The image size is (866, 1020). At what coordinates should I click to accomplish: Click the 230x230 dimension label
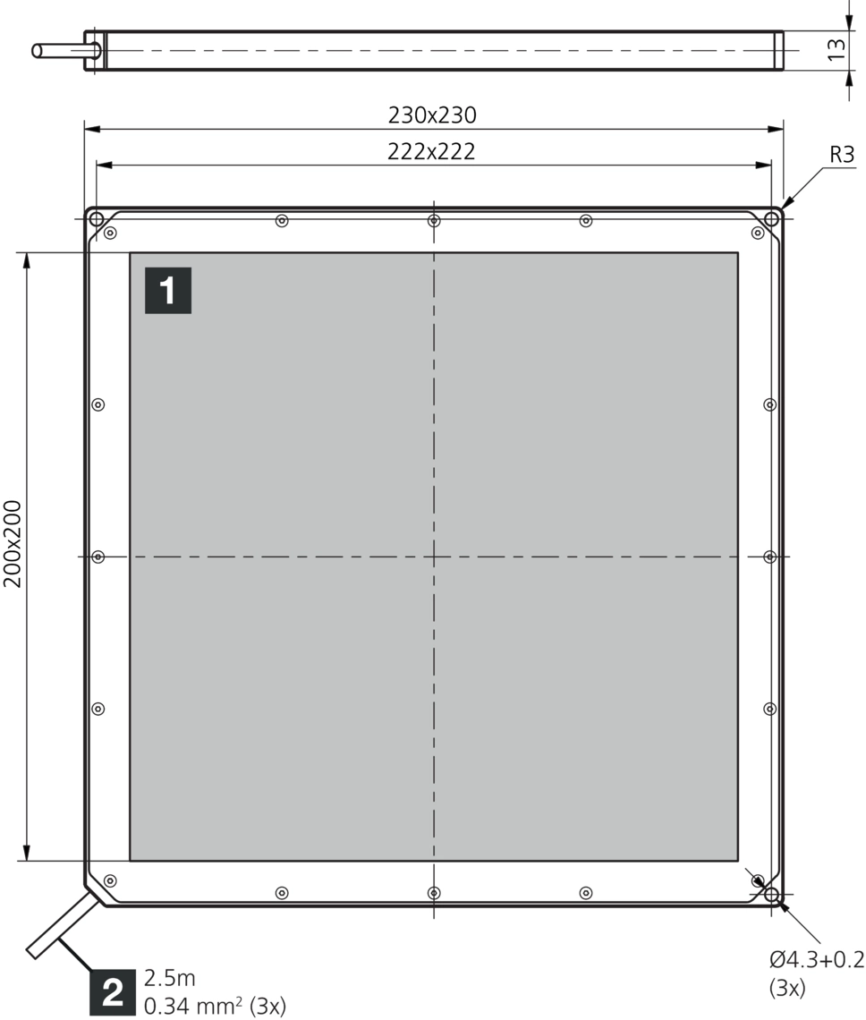click(432, 115)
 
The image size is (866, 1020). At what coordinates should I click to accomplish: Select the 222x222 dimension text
click(431, 151)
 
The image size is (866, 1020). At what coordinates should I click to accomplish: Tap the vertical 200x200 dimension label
click(13, 544)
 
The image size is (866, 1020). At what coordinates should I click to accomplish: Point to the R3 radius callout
click(842, 155)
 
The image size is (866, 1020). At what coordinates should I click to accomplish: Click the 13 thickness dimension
click(836, 50)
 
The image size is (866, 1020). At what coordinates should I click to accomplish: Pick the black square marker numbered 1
click(168, 290)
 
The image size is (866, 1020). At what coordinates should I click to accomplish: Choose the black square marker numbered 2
click(114, 992)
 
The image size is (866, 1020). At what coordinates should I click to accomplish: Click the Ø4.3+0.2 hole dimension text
click(817, 959)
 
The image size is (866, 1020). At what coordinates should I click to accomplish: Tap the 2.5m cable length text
click(170, 978)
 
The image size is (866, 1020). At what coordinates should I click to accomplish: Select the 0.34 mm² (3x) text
click(215, 1006)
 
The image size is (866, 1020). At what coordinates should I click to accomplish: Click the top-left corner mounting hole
click(97, 218)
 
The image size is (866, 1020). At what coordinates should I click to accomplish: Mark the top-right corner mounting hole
click(772, 218)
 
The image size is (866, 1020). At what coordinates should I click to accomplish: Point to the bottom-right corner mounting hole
click(772, 895)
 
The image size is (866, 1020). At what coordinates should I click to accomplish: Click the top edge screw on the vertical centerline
click(434, 221)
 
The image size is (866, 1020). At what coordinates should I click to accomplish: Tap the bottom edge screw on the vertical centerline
click(434, 893)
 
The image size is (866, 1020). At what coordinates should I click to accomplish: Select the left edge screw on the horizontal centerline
click(98, 557)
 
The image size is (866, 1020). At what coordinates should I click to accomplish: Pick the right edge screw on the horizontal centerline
click(769, 557)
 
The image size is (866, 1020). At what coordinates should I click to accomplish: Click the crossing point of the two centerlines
click(434, 557)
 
